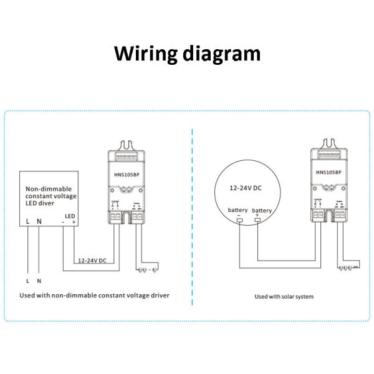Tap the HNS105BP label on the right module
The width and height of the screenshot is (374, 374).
pyautogui.click(x=328, y=172)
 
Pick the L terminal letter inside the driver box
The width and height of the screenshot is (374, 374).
pyautogui.click(x=28, y=221)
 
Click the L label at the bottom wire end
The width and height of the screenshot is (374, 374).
pyautogui.click(x=28, y=282)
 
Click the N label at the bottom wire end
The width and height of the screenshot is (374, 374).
pyautogui.click(x=39, y=282)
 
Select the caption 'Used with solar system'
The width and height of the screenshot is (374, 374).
pyautogui.click(x=284, y=296)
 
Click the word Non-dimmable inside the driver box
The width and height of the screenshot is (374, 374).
pyautogui.click(x=49, y=188)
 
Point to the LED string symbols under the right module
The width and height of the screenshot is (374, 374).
pyautogui.click(x=347, y=269)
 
